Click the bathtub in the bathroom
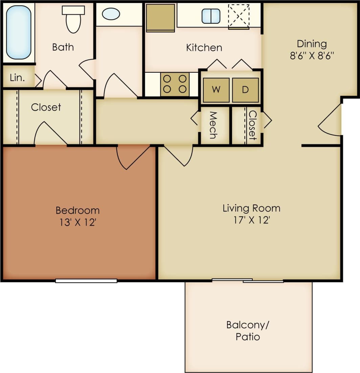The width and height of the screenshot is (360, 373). [x=19, y=32]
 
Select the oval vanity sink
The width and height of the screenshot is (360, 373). [x=111, y=14]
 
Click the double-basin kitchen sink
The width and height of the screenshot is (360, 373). [x=211, y=16]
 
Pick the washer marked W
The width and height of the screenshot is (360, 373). [x=216, y=90]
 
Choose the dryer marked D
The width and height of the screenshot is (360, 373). [x=245, y=90]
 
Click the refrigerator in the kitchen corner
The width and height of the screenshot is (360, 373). [x=160, y=17]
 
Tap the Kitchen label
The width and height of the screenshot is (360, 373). [x=204, y=48]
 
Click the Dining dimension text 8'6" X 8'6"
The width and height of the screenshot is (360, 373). [x=312, y=55]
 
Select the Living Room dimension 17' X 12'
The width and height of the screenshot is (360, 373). [x=251, y=220]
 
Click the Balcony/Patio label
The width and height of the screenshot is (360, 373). [x=248, y=331]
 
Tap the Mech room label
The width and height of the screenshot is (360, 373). [x=213, y=125]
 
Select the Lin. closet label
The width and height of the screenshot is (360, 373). [x=17, y=78]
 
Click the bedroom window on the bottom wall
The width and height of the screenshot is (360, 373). [x=86, y=281]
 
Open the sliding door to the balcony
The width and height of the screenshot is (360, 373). [x=248, y=280]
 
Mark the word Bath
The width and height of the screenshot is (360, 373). [x=63, y=47]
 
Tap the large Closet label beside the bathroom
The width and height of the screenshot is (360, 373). [x=46, y=107]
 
